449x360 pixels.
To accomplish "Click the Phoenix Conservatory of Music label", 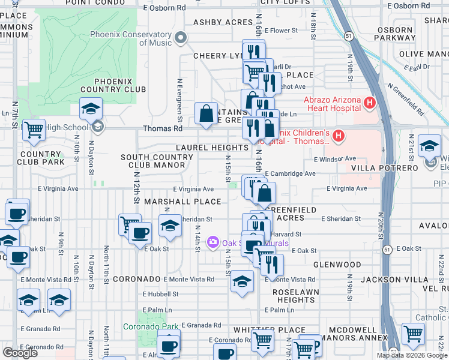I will point(131,38).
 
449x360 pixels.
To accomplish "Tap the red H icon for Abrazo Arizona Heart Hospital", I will point(370,103).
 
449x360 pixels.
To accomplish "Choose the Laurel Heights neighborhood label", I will point(212,148).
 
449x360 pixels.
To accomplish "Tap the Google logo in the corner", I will point(20,353).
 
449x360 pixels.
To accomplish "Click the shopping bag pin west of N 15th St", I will point(206,113).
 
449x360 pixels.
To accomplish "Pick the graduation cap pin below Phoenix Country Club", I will point(91,109).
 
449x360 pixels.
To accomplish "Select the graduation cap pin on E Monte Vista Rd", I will point(242,281).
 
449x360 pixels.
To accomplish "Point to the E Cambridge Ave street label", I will point(290,174).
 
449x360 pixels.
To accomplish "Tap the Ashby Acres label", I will point(223,23).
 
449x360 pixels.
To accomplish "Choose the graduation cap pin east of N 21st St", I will point(429,146).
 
